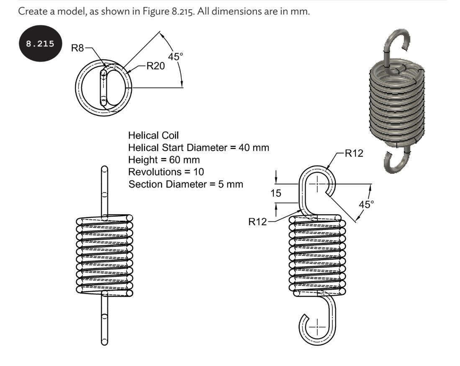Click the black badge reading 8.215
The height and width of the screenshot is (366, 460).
coord(41,44)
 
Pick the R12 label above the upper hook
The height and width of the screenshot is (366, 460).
coord(354,153)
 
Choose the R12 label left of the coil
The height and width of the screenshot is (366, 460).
coord(258,222)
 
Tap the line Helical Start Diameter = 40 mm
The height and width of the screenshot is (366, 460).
coord(198,147)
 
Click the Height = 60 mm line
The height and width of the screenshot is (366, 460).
coord(164,160)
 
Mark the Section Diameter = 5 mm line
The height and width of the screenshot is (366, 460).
coord(185,184)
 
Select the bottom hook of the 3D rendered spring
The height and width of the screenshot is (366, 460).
coord(396,161)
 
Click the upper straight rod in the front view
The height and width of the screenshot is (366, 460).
coord(105,191)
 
